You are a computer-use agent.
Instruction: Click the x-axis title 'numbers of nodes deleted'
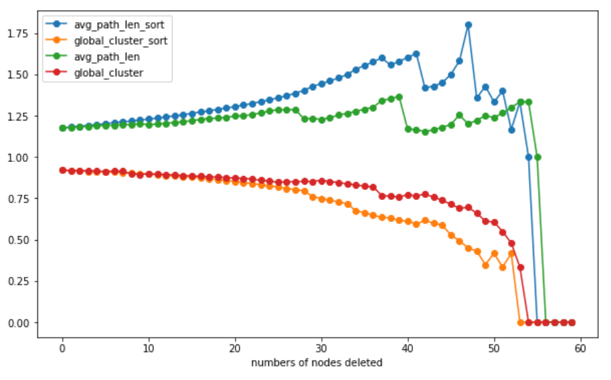(x=317, y=363)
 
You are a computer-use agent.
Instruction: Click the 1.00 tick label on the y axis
(x=18, y=157)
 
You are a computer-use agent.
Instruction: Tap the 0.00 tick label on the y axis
(x=18, y=322)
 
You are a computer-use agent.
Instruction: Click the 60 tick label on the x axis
(x=580, y=349)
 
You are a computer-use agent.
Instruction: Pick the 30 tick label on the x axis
(x=321, y=349)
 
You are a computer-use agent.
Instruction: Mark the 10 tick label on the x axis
(x=149, y=349)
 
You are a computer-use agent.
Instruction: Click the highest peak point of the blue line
(x=468, y=25)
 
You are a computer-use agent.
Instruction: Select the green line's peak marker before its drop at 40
(x=399, y=97)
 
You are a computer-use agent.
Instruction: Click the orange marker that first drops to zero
(x=520, y=322)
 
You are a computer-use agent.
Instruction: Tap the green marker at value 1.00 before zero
(x=537, y=157)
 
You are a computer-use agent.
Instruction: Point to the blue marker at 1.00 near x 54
(x=529, y=157)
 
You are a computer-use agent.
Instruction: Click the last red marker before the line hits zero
(x=520, y=268)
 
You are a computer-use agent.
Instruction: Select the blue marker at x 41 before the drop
(x=416, y=54)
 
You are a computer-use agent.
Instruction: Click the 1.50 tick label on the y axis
(x=18, y=74)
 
